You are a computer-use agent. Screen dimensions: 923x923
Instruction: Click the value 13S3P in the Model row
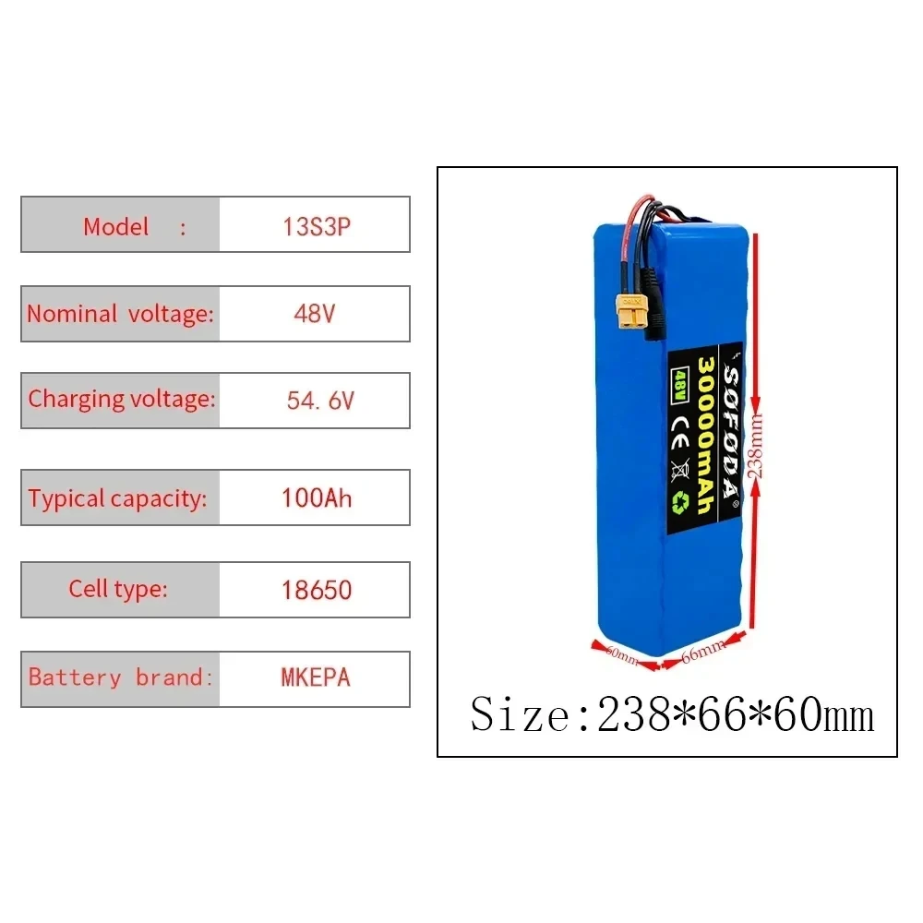tap(317, 226)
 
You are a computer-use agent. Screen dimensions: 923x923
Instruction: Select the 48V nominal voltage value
tap(314, 314)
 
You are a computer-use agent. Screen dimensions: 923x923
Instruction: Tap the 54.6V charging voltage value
tap(320, 401)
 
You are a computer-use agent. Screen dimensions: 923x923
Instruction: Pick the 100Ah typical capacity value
tap(317, 498)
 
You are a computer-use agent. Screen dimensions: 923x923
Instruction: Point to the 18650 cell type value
tap(317, 590)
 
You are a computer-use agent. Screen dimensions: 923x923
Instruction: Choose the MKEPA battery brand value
tap(316, 677)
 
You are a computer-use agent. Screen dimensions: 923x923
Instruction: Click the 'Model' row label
tap(116, 226)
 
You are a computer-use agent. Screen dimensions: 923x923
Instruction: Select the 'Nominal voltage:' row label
tap(120, 314)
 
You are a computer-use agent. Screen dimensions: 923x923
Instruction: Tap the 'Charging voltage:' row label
tap(121, 400)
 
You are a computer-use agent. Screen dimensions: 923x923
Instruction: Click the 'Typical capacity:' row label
tap(117, 499)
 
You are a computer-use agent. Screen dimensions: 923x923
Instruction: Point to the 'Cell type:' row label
tap(118, 589)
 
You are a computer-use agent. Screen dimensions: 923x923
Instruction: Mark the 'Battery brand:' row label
tap(121, 677)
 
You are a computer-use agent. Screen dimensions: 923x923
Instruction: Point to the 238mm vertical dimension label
tap(758, 443)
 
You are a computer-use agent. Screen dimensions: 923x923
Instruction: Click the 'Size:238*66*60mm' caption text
tap(672, 714)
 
